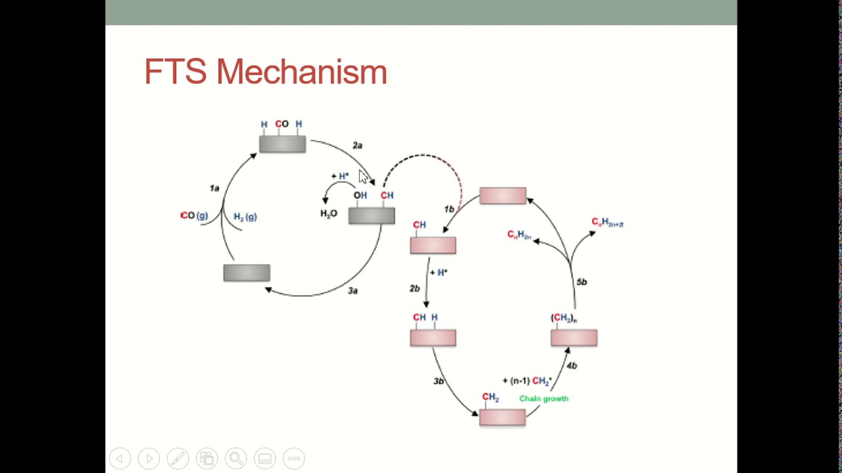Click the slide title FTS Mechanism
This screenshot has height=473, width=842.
[265, 72]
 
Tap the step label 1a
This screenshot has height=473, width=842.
[214, 189]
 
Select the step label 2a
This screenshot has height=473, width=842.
[357, 145]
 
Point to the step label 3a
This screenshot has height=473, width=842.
[353, 290]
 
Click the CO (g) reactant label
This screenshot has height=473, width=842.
[194, 215]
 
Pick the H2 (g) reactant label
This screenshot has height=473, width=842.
[245, 217]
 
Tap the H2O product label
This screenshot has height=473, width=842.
[328, 214]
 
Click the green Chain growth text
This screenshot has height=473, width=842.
[543, 398]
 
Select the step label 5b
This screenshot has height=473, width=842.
[582, 282]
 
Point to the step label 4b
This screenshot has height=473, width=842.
[572, 365]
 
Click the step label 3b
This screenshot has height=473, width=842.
[439, 381]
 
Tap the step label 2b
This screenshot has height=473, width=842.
[414, 288]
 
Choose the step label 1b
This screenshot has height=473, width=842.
[449, 209]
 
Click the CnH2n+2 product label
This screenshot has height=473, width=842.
[607, 223]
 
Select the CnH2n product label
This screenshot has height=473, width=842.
[519, 235]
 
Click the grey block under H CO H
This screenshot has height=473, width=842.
[282, 144]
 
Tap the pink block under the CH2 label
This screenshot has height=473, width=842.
[503, 417]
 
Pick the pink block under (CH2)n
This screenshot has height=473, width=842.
[574, 338]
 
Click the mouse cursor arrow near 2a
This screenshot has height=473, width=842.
[364, 177]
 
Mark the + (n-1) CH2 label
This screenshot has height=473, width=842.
[527, 381]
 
